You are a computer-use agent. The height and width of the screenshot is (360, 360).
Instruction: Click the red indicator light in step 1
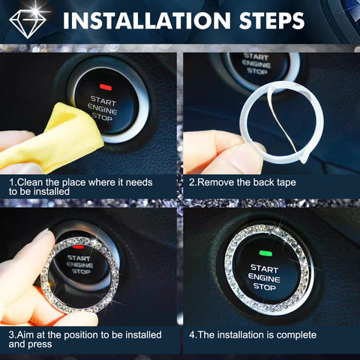click(x=105, y=87)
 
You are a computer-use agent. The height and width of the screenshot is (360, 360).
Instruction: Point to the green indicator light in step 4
click(x=263, y=253)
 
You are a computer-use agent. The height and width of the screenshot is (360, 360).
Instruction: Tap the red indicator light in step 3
click(x=78, y=244)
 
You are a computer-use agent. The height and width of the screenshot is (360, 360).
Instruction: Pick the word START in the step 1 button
click(x=103, y=99)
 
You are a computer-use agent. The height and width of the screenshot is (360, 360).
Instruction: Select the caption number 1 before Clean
click(x=11, y=182)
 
